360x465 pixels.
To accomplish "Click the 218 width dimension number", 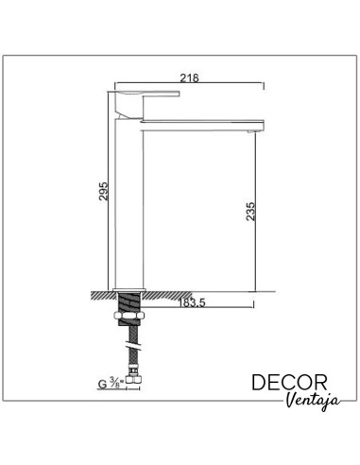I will [189, 78].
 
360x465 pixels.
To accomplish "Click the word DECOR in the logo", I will [290, 382].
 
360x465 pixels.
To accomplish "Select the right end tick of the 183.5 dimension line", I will [252, 305].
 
